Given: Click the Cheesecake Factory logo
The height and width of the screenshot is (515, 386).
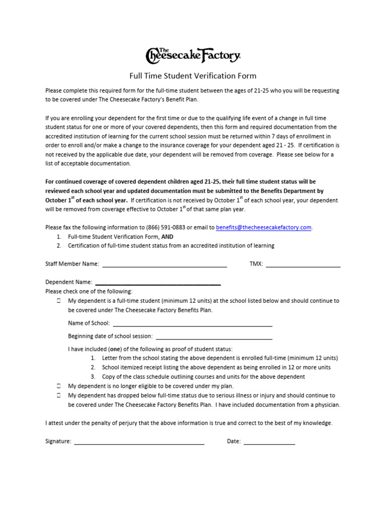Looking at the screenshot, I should (193, 55).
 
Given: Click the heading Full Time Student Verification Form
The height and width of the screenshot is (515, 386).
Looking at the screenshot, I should (193, 76).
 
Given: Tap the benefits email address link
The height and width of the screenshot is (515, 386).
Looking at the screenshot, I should (264, 227).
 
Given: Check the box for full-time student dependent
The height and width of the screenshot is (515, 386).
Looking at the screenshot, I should (58, 301).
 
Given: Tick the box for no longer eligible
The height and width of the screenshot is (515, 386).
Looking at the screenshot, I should (58, 386).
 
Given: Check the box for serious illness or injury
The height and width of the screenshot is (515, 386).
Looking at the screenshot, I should (58, 396).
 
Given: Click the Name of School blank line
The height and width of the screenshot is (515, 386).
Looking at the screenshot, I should (192, 324).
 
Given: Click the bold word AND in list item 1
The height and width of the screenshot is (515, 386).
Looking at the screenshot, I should (167, 236).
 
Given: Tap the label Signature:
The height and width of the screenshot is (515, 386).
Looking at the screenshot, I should (58, 442).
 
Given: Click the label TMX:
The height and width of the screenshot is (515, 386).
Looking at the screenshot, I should (256, 264).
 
